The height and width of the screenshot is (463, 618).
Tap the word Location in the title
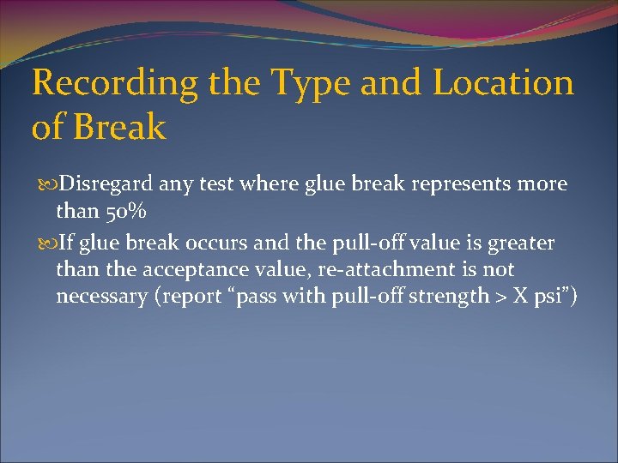click(504, 83)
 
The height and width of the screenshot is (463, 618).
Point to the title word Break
click(119, 128)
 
